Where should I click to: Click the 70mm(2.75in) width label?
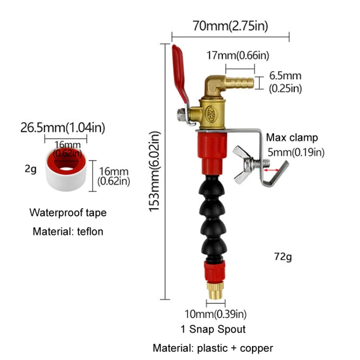click(x=230, y=25)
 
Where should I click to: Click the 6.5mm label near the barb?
click(x=285, y=75)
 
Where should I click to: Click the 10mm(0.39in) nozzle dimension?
click(x=216, y=314)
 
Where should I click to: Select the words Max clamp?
click(x=292, y=138)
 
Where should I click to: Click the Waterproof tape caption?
click(x=68, y=212)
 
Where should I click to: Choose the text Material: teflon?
click(x=68, y=231)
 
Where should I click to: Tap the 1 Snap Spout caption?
click(x=213, y=329)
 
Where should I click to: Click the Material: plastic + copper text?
click(x=213, y=348)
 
